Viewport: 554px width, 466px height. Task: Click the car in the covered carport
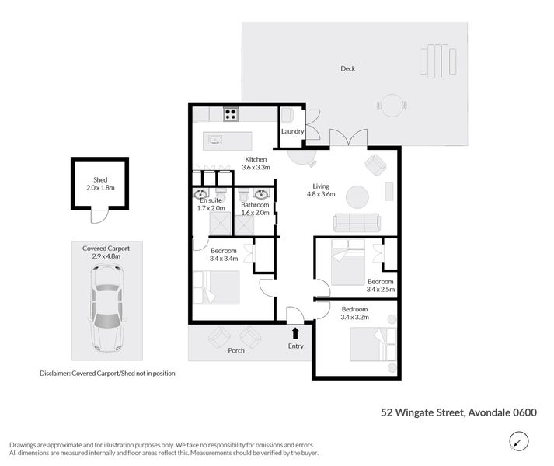[x=106, y=308]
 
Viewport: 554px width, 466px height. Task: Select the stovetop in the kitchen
[x=231, y=114]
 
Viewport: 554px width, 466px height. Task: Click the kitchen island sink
[x=215, y=141]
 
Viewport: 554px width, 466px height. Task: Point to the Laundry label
[x=293, y=131]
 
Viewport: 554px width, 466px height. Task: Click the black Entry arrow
[x=295, y=332]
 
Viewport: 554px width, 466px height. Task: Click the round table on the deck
[x=392, y=104]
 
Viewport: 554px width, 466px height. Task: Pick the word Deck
[x=348, y=69]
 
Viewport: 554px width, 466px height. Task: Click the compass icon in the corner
[x=517, y=441]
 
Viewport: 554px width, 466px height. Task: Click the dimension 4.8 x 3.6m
[x=322, y=196]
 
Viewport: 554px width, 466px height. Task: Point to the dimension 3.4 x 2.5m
[x=381, y=290]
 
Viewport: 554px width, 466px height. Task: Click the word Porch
[x=236, y=350]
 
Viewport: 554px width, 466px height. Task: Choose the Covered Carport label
[x=106, y=248]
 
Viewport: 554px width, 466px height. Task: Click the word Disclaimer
[x=54, y=374]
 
